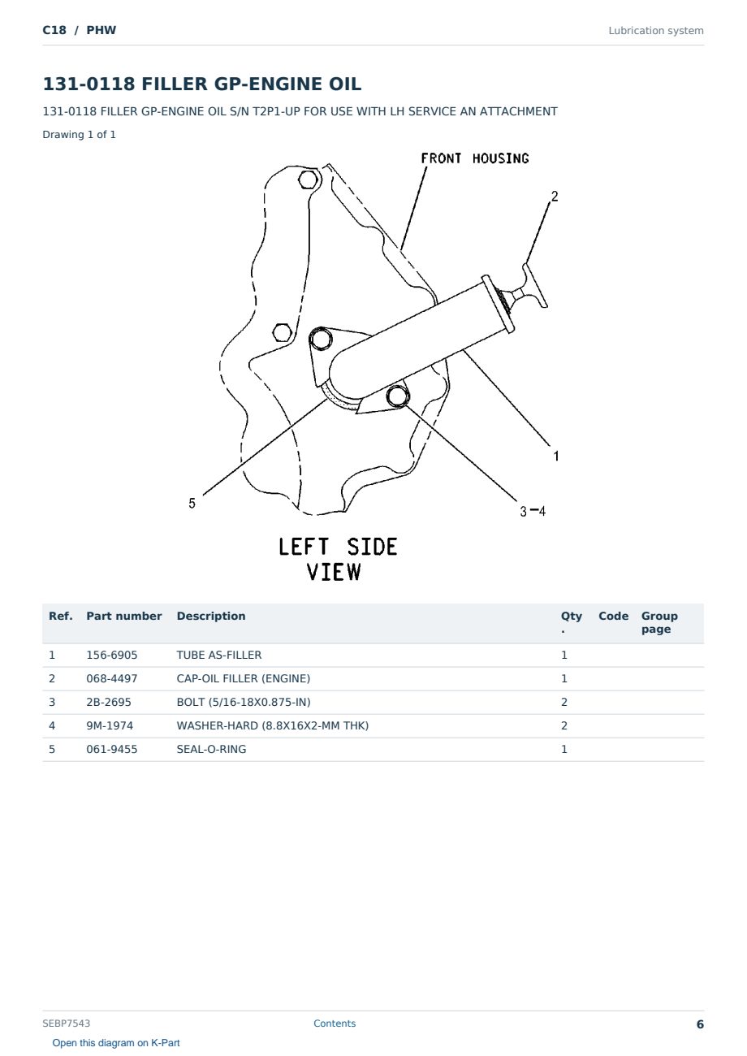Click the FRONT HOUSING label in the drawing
click(475, 158)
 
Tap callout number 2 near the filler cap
click(555, 196)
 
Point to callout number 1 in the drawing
click(556, 456)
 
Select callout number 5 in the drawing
click(192, 504)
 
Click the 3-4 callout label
click(533, 511)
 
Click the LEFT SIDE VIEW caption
click(338, 559)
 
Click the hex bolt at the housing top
click(308, 180)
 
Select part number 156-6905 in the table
click(112, 655)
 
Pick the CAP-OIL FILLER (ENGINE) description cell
click(244, 678)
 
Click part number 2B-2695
click(109, 702)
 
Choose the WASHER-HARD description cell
click(272, 725)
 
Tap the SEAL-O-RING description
click(211, 749)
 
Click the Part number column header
click(124, 616)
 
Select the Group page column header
click(659, 622)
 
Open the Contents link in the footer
click(335, 1023)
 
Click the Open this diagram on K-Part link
click(116, 1043)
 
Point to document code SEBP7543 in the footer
click(66, 1023)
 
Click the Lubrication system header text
click(656, 31)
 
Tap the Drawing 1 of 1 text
click(80, 134)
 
